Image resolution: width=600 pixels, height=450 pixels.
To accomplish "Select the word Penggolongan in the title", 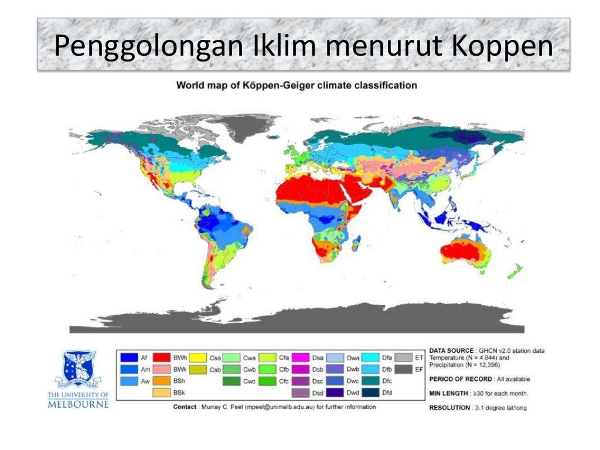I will click(x=148, y=47).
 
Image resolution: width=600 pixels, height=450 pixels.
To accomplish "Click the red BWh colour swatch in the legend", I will click(x=162, y=357).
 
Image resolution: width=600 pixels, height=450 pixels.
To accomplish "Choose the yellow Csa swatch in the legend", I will click(x=196, y=357).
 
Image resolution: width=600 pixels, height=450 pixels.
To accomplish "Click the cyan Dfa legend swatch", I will click(x=370, y=357).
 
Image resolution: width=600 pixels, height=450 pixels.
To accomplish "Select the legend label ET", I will click(x=418, y=357).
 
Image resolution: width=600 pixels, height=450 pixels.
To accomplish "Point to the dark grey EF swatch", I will click(x=403, y=369).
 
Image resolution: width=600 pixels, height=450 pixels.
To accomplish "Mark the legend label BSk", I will click(x=179, y=393).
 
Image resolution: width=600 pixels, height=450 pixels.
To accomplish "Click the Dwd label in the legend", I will click(x=353, y=393).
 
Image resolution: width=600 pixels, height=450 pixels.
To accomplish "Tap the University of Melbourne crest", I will click(x=79, y=370).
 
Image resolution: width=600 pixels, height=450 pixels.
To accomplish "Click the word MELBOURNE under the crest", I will click(x=78, y=405).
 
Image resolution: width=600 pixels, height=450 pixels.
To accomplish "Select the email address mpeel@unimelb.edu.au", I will click(x=278, y=407).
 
